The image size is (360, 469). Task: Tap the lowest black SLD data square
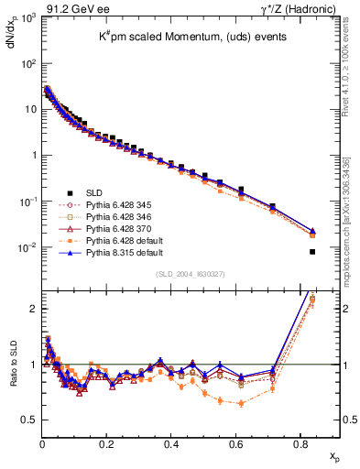pos(313,252)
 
